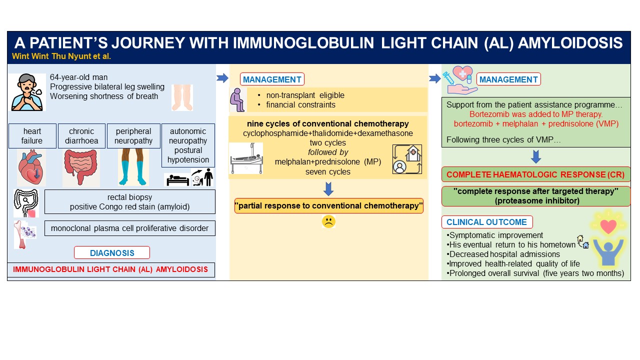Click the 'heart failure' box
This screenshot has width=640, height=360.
click(x=32, y=136)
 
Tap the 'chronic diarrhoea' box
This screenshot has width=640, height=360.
click(x=81, y=136)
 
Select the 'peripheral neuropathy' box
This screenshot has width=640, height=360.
click(x=133, y=136)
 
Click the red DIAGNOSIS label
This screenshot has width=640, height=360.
click(x=111, y=253)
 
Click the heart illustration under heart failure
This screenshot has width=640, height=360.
click(x=31, y=167)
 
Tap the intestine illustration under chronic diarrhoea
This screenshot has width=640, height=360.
click(x=81, y=168)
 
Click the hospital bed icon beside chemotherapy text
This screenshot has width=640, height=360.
click(x=246, y=159)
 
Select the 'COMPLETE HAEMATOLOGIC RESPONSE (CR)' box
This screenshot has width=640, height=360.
click(x=536, y=174)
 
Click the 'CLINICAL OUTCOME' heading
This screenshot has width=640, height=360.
click(x=486, y=222)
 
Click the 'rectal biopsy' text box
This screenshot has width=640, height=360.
click(x=129, y=201)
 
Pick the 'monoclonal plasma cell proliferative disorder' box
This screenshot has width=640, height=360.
click(x=129, y=228)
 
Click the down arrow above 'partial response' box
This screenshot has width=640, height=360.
click(x=328, y=189)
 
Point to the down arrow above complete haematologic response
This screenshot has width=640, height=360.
click(x=535, y=157)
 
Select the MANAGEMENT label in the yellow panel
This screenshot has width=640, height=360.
click(x=272, y=79)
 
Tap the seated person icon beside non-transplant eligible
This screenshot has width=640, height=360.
click(x=237, y=99)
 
